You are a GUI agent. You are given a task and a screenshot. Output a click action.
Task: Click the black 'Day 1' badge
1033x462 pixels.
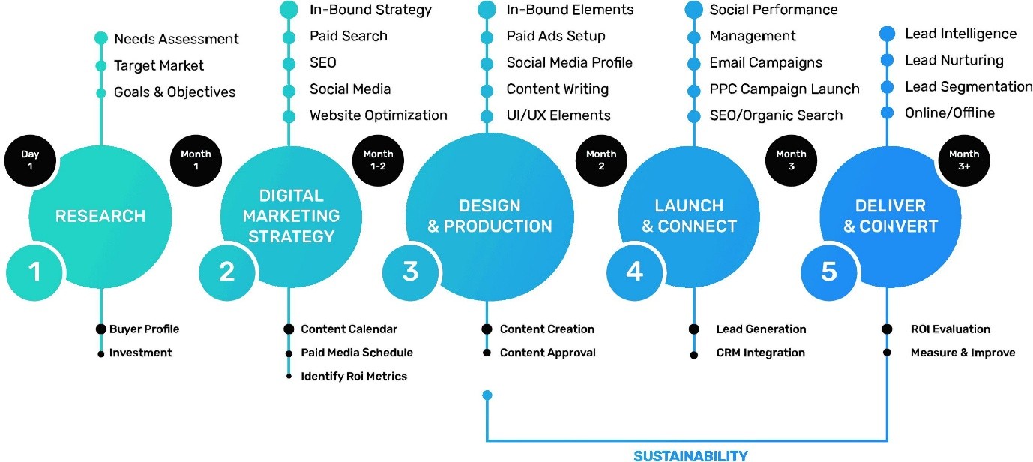30,160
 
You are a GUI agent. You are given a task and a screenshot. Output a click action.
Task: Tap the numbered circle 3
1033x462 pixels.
410,271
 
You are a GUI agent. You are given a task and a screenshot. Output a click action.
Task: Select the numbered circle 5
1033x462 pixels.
828,271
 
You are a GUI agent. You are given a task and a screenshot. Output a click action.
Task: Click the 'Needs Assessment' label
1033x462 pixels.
176,39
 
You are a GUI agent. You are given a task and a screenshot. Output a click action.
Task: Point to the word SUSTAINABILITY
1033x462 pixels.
690,455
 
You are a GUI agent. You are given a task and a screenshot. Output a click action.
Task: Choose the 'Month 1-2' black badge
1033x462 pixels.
378,160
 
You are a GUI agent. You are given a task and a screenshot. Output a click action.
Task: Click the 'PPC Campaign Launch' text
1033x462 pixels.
784,89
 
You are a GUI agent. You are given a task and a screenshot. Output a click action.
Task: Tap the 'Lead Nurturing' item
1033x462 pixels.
954,60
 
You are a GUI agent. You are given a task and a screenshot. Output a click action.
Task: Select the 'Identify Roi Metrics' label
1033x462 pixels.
354,376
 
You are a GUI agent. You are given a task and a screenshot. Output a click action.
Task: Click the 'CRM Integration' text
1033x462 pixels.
760,352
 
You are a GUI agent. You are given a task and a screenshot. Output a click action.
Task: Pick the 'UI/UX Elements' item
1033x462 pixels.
558,115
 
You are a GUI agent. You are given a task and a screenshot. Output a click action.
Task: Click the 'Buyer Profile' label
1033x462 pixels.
144,328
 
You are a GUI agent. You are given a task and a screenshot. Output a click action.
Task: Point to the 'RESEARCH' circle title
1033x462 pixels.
100,217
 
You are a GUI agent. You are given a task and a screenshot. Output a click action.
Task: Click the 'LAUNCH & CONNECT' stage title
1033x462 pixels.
689,216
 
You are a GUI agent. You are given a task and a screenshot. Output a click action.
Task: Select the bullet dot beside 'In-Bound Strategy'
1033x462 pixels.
289,10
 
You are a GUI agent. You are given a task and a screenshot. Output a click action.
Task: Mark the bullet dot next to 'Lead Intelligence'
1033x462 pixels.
888,34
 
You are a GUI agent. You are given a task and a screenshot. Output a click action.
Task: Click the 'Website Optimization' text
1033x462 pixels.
378,115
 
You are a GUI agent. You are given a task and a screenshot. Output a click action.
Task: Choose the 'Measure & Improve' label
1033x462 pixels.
963,352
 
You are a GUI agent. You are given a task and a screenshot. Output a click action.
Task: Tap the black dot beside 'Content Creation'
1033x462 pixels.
487,328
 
